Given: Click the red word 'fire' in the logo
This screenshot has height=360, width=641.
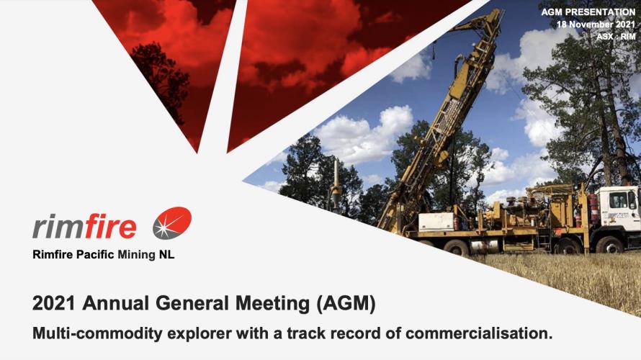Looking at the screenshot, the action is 111,226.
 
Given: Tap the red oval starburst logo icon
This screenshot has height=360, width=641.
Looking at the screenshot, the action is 172,223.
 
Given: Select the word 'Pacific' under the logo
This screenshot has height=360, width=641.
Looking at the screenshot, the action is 95,255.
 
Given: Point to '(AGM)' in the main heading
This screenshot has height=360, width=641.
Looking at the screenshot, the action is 346,304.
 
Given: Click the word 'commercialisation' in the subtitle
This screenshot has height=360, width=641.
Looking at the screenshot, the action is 479,333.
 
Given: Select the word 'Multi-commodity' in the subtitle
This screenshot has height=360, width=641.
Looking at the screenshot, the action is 98,334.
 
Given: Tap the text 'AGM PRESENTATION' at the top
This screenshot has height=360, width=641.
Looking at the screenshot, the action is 588,12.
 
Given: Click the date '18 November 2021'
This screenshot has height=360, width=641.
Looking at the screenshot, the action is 596,24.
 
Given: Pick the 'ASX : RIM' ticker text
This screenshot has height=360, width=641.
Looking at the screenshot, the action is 616,37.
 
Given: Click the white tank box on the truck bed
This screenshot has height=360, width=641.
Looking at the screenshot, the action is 436,222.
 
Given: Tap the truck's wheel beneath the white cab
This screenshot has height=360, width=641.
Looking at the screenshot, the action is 609,245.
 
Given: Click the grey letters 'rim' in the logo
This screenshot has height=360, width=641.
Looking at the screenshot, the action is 58,226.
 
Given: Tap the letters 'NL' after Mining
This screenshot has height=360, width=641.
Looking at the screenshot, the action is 166,255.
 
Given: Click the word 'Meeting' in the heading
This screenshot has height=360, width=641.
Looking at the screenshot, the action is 272,304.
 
